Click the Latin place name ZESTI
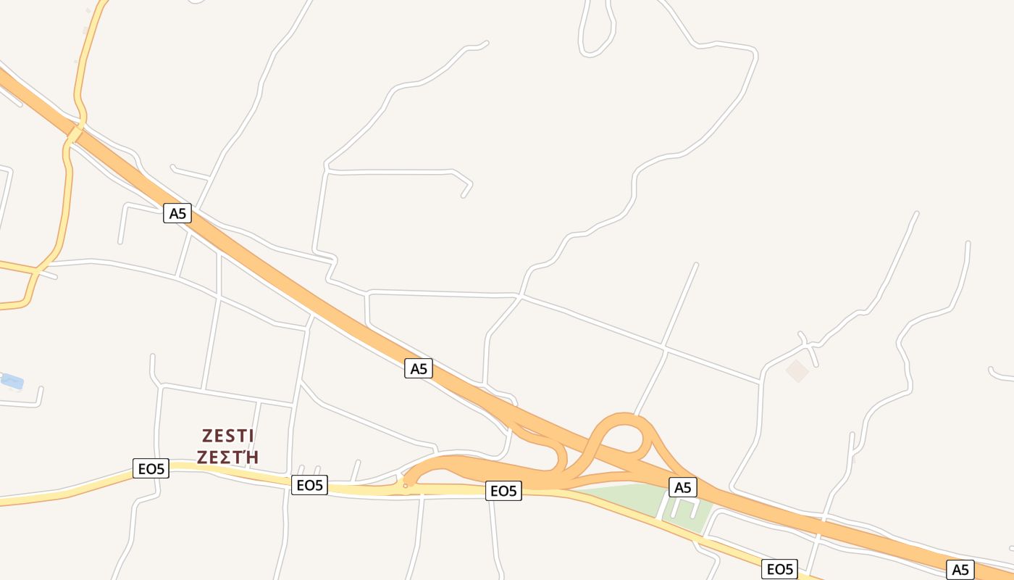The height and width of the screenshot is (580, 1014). click(x=227, y=436)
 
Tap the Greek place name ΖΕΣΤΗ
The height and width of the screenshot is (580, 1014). click(x=227, y=457)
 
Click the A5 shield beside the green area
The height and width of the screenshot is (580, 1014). click(x=682, y=487)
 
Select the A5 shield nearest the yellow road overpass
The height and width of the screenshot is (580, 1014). click(x=177, y=213)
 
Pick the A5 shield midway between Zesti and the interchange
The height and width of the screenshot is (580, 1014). click(x=418, y=368)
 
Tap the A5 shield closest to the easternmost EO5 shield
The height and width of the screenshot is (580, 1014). click(x=960, y=569)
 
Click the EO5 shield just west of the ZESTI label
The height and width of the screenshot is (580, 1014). click(x=151, y=468)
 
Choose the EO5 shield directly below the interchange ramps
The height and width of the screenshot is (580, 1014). click(x=503, y=491)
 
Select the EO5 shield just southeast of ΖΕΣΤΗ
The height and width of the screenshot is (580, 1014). click(x=309, y=485)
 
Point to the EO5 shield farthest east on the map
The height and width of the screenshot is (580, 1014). click(x=779, y=569)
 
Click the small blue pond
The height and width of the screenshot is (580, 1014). click(x=12, y=381)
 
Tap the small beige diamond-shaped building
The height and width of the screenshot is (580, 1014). click(x=797, y=370)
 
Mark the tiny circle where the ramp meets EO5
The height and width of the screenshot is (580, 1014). click(x=406, y=486)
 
